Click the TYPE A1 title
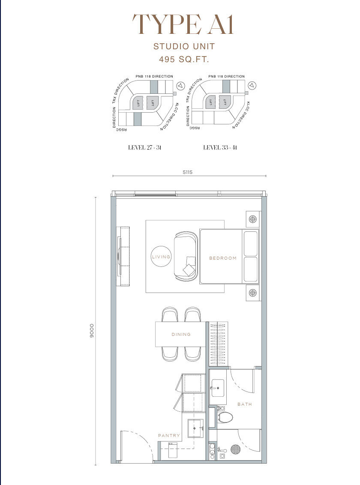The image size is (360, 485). [183, 24]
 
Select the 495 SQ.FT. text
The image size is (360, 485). [184, 59]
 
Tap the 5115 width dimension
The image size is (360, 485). [187, 172]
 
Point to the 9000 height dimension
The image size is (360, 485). [92, 331]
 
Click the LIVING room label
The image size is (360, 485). [161, 257]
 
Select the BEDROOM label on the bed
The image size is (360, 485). [223, 258]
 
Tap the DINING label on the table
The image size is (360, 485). [181, 334]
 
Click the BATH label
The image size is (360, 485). [245, 404]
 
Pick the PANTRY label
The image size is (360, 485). [169, 435]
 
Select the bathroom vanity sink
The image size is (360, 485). [217, 388]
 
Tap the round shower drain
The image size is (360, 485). [235, 449]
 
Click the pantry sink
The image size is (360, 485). [195, 428]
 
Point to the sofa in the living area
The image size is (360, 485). [186, 256]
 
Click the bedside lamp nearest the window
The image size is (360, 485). [253, 219]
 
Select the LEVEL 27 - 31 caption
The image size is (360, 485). [145, 147]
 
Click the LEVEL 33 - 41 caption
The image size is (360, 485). [220, 147]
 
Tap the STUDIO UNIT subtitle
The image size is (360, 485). [184, 46]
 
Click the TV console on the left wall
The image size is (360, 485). [123, 257]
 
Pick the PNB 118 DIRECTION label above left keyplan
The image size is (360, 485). [154, 76]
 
